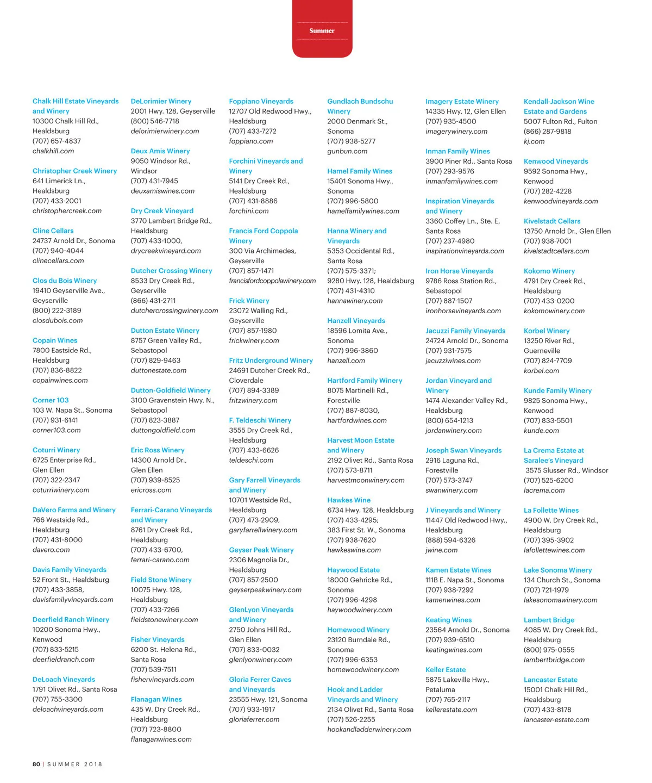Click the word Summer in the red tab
[322, 31]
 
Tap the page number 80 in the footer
[36, 764]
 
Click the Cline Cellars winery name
[53, 231]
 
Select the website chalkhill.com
[53, 151]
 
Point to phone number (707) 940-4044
[57, 251]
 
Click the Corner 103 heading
[51, 400]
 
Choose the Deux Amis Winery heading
[160, 151]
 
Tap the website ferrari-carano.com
[160, 560]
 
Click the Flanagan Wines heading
[156, 699]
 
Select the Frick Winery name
[249, 301]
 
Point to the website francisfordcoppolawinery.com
[272, 281]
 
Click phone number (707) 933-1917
[252, 710]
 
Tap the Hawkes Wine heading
[349, 500]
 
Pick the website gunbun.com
[347, 151]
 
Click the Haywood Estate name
[353, 570]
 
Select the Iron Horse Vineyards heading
[459, 271]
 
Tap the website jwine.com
[441, 550]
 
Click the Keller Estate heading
[446, 670]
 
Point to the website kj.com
[534, 141]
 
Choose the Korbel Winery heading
[547, 331]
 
